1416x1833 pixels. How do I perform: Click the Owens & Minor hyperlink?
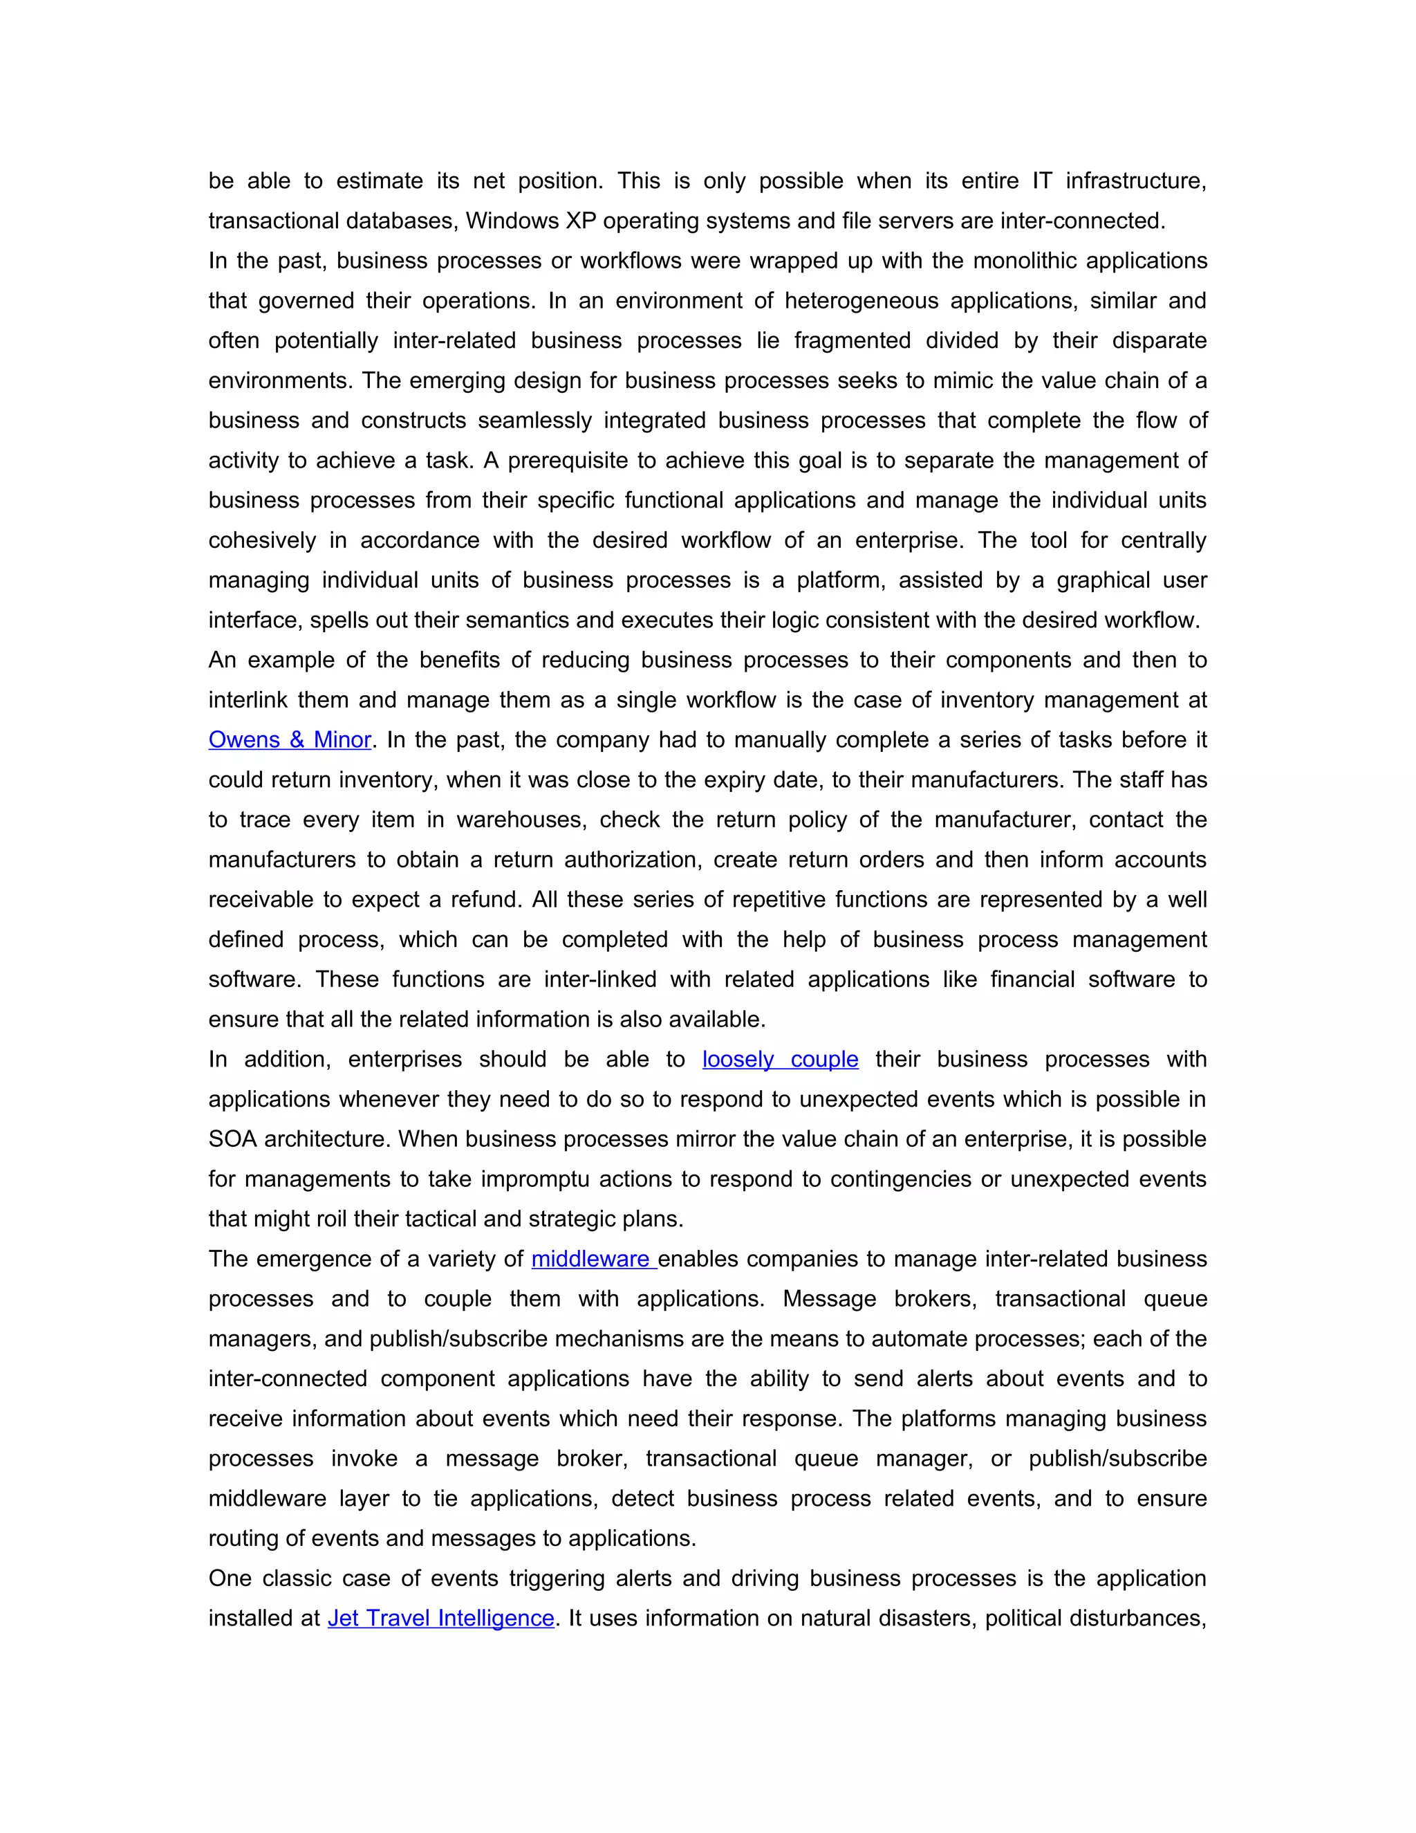point(290,739)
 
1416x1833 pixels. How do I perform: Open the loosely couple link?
point(780,1059)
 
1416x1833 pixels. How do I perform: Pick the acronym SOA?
point(233,1139)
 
